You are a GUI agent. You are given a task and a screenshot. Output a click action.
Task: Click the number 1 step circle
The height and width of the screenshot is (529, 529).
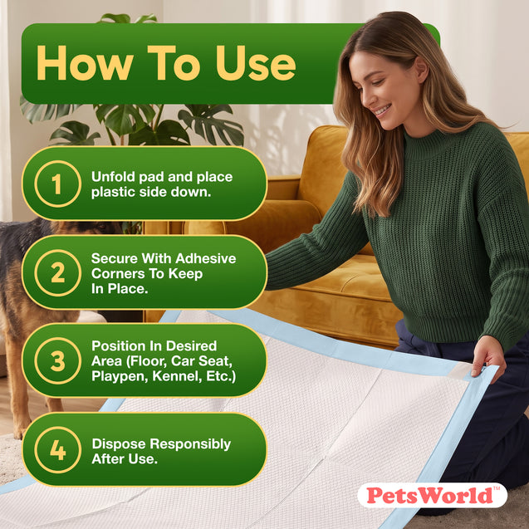pos(57,184)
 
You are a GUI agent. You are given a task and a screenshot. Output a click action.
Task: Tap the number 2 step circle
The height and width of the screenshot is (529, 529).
pos(57,273)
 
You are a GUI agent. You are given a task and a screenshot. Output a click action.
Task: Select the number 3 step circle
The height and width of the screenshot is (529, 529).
pos(57,360)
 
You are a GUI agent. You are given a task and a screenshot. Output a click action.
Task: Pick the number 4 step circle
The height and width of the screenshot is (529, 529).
pos(57,450)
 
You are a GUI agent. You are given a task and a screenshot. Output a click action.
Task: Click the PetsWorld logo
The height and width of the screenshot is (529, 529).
pos(432,495)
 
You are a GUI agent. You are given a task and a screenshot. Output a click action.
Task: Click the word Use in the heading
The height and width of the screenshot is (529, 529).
pos(256,63)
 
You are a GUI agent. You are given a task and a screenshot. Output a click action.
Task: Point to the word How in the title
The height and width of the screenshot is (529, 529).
pos(85,63)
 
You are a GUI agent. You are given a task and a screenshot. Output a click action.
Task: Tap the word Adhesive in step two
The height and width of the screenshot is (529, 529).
pos(205,258)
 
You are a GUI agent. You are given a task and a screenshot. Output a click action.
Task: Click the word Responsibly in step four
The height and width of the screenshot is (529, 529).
pos(190,444)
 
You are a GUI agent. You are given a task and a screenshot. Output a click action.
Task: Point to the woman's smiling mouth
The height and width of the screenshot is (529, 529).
pos(384,110)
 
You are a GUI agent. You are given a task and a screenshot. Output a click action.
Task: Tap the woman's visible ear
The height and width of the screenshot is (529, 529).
pos(421,69)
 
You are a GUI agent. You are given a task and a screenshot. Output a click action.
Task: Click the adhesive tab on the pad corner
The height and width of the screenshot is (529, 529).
pos(460,370)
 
